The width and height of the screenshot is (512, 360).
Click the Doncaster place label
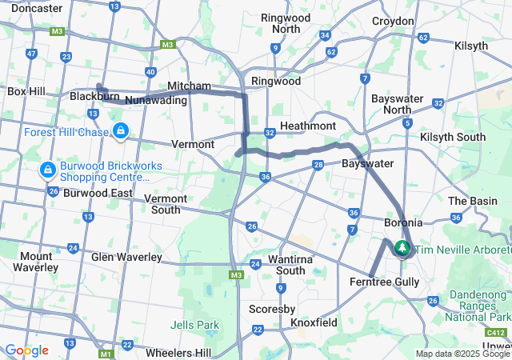point(37,8)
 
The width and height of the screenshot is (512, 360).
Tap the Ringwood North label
point(275,23)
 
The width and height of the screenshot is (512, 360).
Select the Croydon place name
point(393,22)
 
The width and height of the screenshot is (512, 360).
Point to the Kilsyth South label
point(452,137)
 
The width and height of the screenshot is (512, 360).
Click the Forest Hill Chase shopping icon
point(121,130)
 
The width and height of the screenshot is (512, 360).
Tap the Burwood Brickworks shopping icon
point(47,170)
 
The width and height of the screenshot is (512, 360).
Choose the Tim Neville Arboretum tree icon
point(402,250)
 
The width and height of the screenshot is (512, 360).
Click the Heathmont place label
point(308,126)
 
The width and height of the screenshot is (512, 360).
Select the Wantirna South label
point(280,265)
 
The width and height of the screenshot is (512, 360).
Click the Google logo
point(26,350)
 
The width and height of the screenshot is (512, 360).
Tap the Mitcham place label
point(189,86)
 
